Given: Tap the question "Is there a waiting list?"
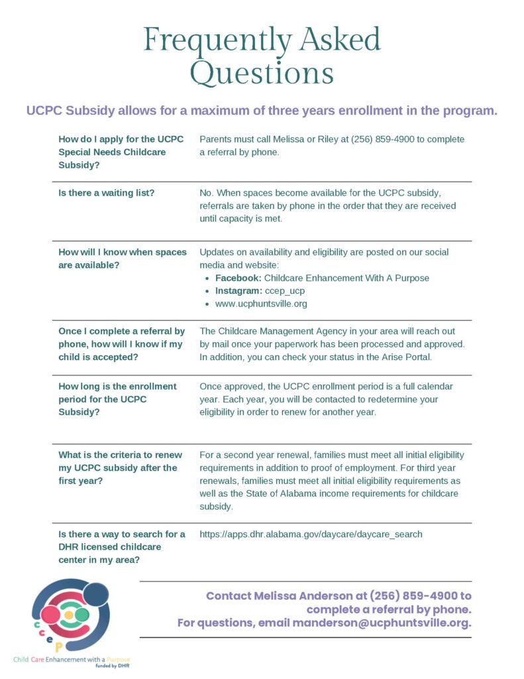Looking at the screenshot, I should tap(107, 193).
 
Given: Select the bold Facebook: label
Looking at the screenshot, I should tap(238, 278).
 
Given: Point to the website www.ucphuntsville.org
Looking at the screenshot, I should tap(260, 304).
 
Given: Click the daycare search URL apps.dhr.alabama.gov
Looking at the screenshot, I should tap(311, 534).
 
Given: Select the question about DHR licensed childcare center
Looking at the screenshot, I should tap(121, 547).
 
